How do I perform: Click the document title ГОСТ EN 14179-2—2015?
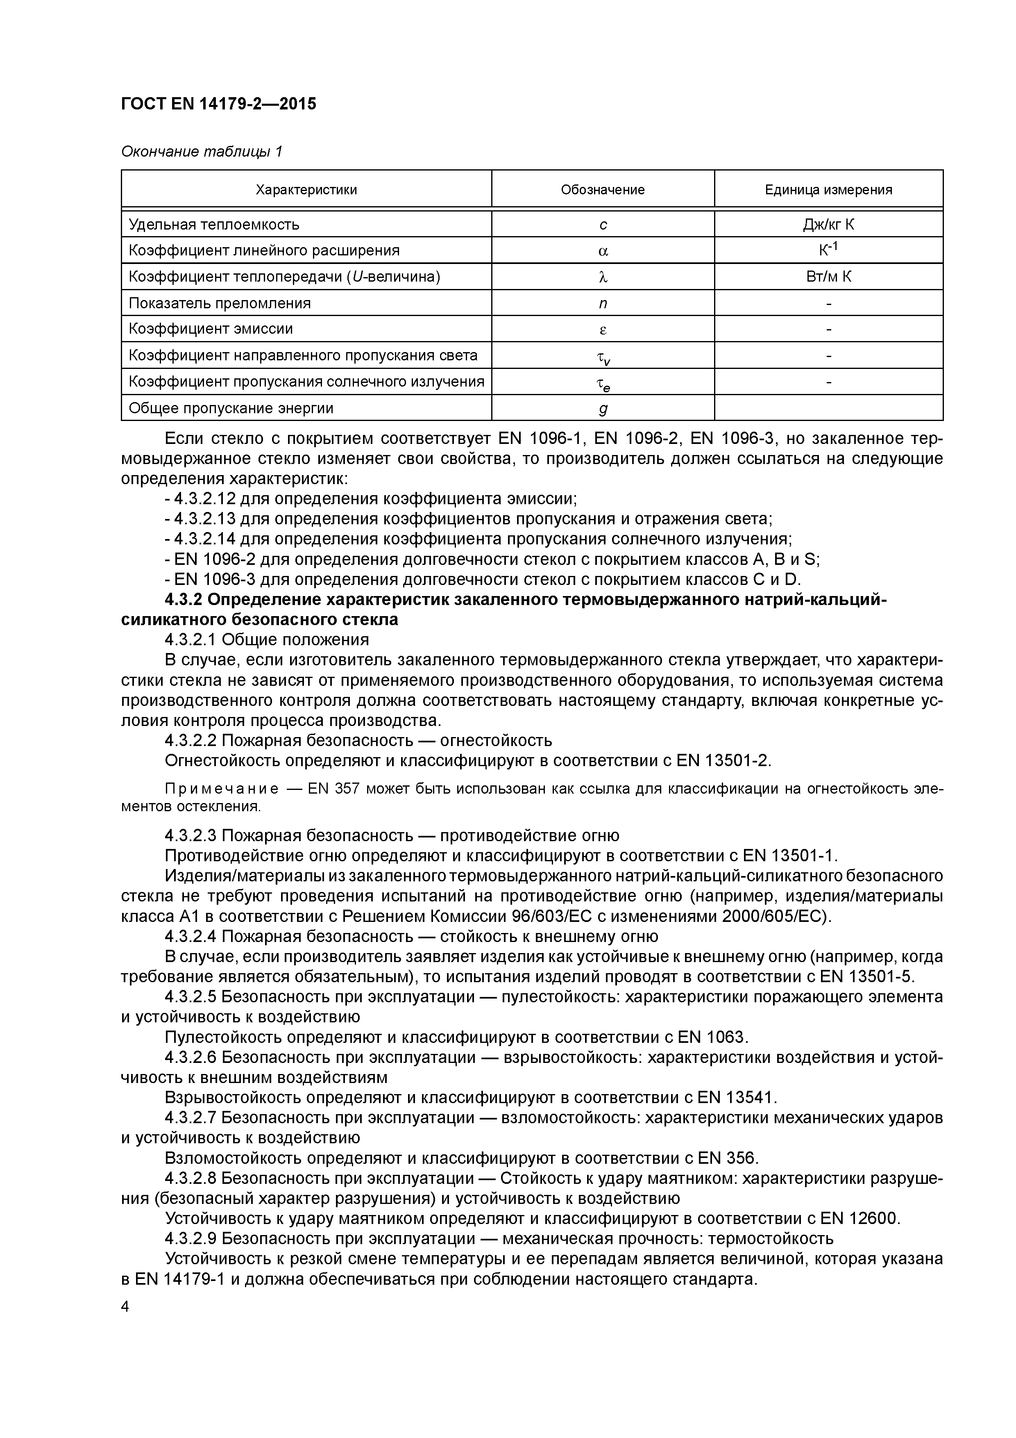[x=218, y=103]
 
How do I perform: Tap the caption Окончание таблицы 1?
[x=202, y=152]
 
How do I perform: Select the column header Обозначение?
[x=602, y=190]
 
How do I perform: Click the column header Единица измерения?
[x=828, y=190]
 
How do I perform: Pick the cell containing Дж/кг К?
[x=828, y=224]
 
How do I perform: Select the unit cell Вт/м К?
[x=828, y=277]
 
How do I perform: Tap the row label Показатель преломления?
[x=220, y=303]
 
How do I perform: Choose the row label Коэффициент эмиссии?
[x=210, y=329]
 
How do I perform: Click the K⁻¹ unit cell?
[x=828, y=250]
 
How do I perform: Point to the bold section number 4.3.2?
[x=184, y=599]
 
